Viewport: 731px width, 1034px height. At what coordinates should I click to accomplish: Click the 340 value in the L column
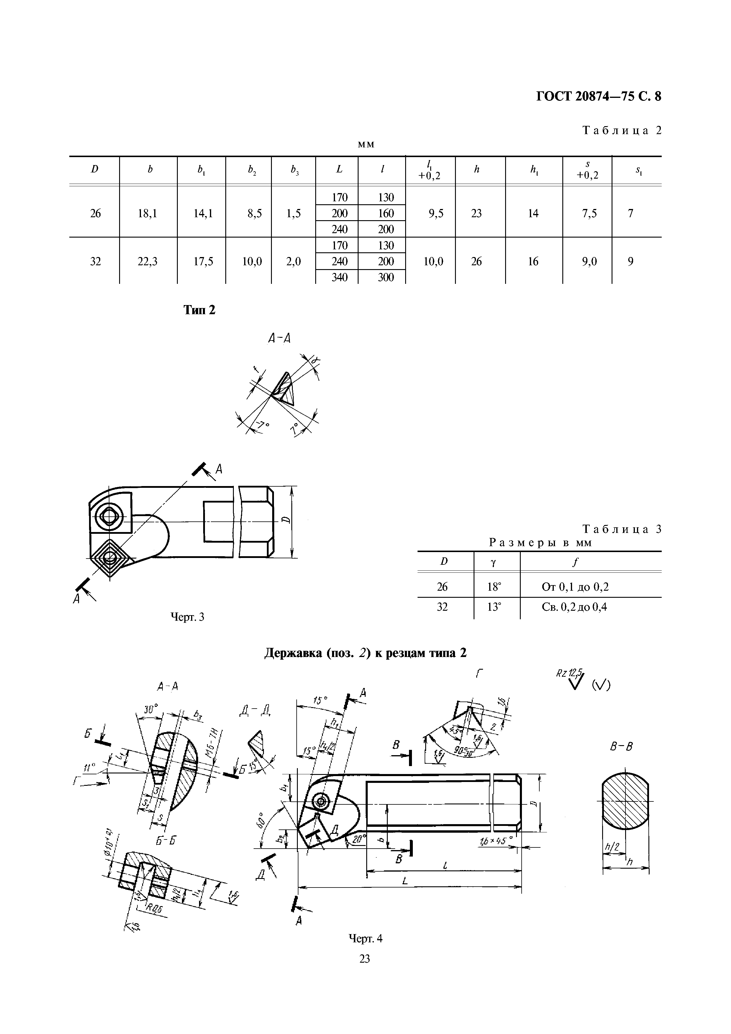340,277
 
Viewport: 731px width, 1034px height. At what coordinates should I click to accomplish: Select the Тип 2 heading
200,310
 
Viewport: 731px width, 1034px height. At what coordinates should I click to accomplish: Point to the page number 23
365,959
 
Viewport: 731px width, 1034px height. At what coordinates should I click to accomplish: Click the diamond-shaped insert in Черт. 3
109,560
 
